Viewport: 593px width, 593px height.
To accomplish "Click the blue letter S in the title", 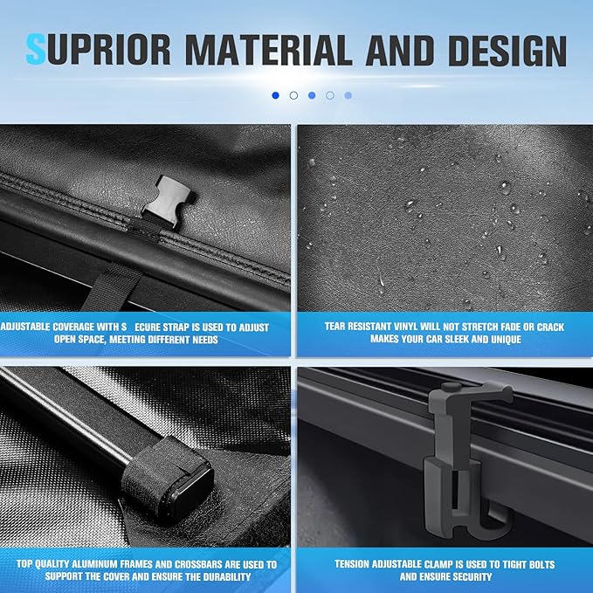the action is click(35, 50).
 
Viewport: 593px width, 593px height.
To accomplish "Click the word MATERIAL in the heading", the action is click(268, 51).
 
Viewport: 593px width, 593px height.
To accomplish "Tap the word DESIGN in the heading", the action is click(507, 51).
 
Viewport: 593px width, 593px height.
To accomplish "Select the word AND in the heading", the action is click(400, 51).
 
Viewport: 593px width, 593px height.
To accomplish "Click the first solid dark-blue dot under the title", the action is click(275, 95).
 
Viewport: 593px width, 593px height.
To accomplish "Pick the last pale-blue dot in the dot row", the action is click(348, 96).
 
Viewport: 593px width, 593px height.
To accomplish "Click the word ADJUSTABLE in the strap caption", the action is click(24, 327).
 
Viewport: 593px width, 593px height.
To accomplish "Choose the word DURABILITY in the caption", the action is click(227, 576).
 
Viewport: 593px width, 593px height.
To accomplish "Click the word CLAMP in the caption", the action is click(438, 564).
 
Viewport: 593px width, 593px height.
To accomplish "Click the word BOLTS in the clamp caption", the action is click(541, 565).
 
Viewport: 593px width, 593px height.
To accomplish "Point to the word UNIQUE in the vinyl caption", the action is click(506, 339).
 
